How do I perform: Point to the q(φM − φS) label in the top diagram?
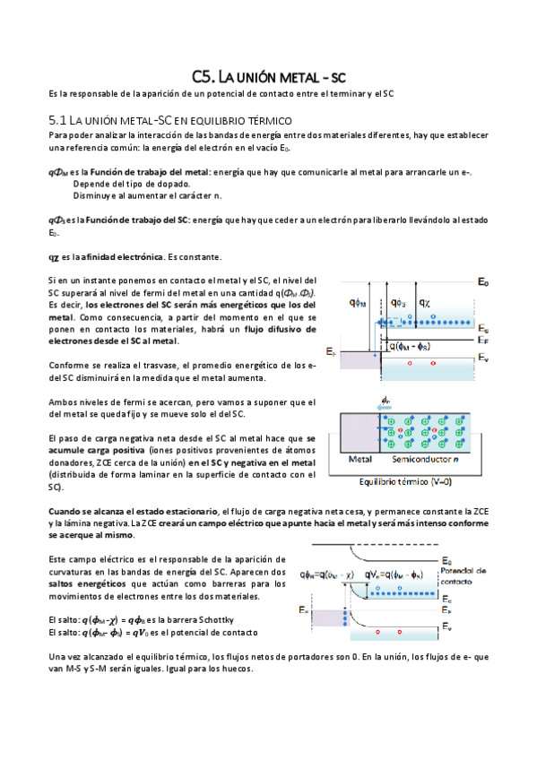[412, 347]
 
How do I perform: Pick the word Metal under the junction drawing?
[360, 460]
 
